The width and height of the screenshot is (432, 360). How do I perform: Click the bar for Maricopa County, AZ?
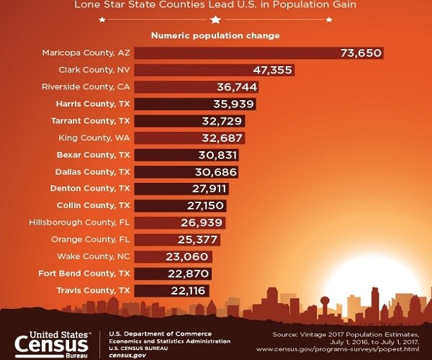tap(238, 53)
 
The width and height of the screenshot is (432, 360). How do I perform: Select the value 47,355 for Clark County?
tap(273, 70)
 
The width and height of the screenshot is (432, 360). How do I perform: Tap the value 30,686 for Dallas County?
tap(216, 172)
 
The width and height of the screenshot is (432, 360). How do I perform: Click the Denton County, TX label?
tap(93, 189)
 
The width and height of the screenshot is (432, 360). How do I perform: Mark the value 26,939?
tap(204, 222)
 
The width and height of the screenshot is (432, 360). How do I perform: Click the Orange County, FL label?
tap(91, 240)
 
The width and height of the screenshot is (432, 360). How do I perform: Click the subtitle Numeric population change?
tap(215, 35)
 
